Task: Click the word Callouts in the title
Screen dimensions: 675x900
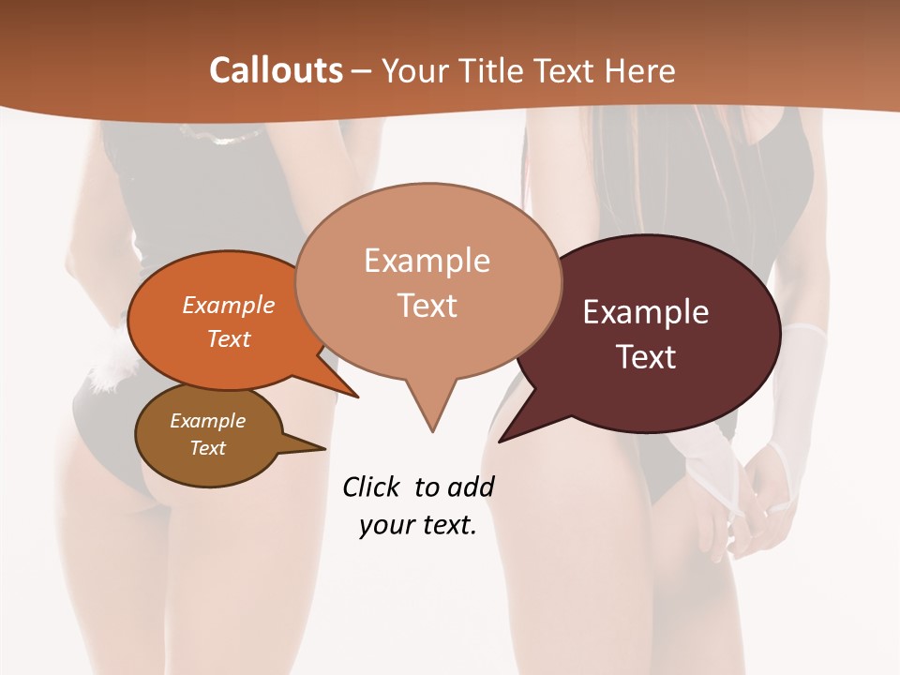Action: click(276, 70)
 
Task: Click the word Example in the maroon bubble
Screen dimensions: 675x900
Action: click(645, 312)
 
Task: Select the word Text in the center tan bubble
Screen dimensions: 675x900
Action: click(427, 306)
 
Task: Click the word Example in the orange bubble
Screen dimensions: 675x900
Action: click(229, 305)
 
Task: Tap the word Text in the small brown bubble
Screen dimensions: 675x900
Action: click(208, 448)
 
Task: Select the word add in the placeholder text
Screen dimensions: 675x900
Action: click(470, 487)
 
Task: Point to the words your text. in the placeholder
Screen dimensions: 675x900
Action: click(418, 525)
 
